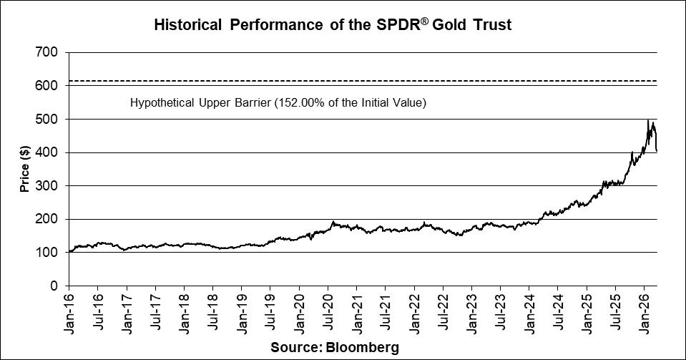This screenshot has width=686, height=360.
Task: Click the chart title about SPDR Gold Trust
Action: pos(333,26)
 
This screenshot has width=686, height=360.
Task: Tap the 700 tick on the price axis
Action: pos(49,52)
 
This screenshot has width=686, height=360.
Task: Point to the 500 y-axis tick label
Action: pos(49,119)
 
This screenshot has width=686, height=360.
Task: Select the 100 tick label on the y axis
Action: pos(49,253)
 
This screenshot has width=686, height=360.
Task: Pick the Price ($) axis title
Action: pos(25,169)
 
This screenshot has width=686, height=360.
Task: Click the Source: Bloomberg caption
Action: pos(335,347)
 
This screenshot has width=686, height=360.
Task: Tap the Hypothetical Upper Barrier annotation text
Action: pos(278,103)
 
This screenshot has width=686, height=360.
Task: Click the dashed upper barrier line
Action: pos(358,81)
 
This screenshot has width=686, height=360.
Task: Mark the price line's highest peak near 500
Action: pos(648,120)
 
